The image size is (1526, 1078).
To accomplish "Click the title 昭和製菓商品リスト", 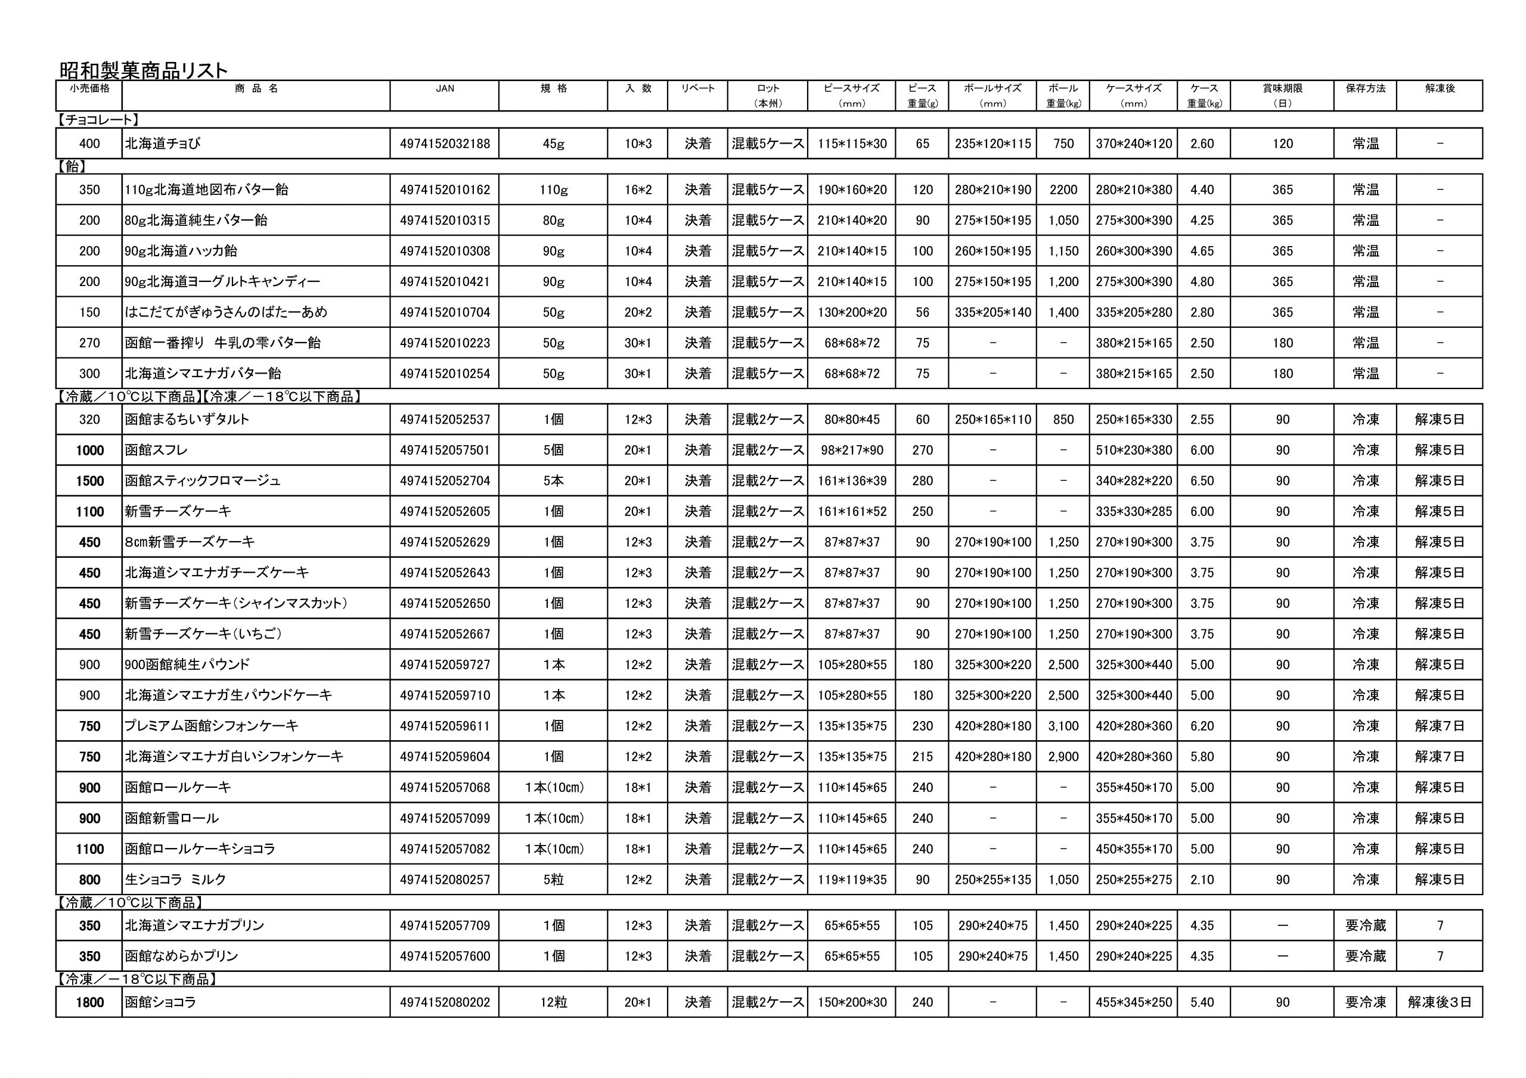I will tap(144, 70).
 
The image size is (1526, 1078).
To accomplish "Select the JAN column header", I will tap(445, 88).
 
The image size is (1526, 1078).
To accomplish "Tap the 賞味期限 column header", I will tap(1282, 88).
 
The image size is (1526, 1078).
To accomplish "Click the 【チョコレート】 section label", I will tap(98, 120).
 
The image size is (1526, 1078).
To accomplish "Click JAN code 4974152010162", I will tap(445, 190).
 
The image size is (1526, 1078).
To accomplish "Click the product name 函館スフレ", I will tap(157, 451).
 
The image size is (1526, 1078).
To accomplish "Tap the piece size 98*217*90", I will tap(852, 451).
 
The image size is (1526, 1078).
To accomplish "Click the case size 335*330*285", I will tap(1134, 512).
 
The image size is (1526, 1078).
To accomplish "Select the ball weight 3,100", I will tap(1063, 726).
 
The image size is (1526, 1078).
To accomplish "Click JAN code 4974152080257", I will tap(445, 880).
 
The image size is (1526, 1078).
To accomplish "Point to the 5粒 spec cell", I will tap(553, 880).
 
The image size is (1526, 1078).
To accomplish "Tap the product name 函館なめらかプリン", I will tap(181, 956).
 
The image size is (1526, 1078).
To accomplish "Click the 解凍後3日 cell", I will tap(1440, 1002).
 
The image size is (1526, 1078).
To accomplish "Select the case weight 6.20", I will tap(1202, 726).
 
